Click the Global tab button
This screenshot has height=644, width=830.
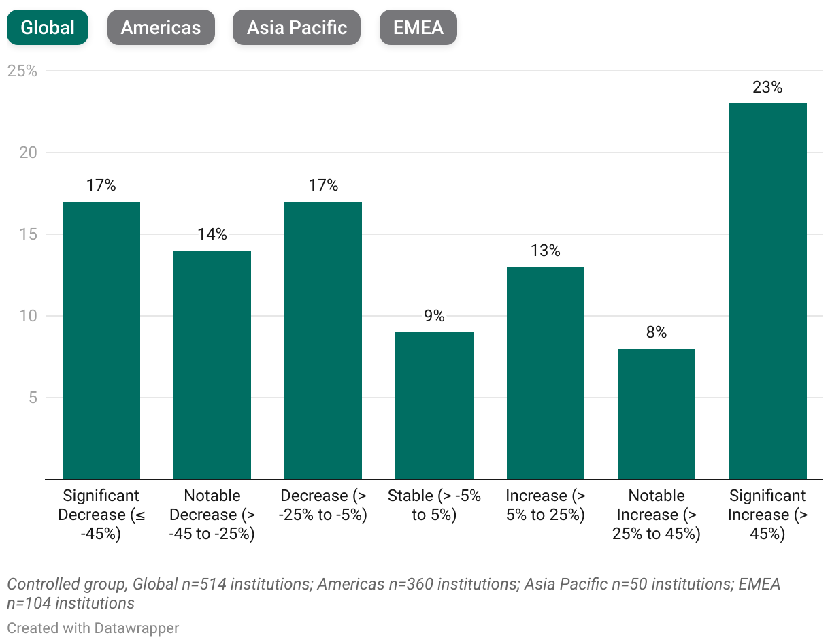coord(48,27)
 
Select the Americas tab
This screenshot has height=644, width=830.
coord(161,27)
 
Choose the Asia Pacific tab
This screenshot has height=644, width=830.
coord(297,27)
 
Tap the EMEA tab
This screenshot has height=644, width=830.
coord(418,27)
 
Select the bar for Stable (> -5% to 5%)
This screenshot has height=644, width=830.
coord(434,406)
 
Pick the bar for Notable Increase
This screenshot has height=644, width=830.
coord(656,414)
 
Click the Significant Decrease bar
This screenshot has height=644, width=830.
coord(101,340)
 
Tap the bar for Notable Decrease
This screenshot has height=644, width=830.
coord(212,365)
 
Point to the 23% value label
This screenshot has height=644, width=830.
coord(767,87)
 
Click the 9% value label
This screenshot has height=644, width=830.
coord(434,316)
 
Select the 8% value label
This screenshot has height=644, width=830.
coord(656,332)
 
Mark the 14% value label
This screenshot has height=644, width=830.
coord(212,234)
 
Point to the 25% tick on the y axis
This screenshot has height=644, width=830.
coord(22,71)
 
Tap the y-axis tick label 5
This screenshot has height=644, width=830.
coord(31,398)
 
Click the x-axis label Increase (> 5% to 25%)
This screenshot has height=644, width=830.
coord(545,505)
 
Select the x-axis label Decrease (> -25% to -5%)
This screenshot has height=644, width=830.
coord(323,505)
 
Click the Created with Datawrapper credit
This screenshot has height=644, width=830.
coord(93,628)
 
